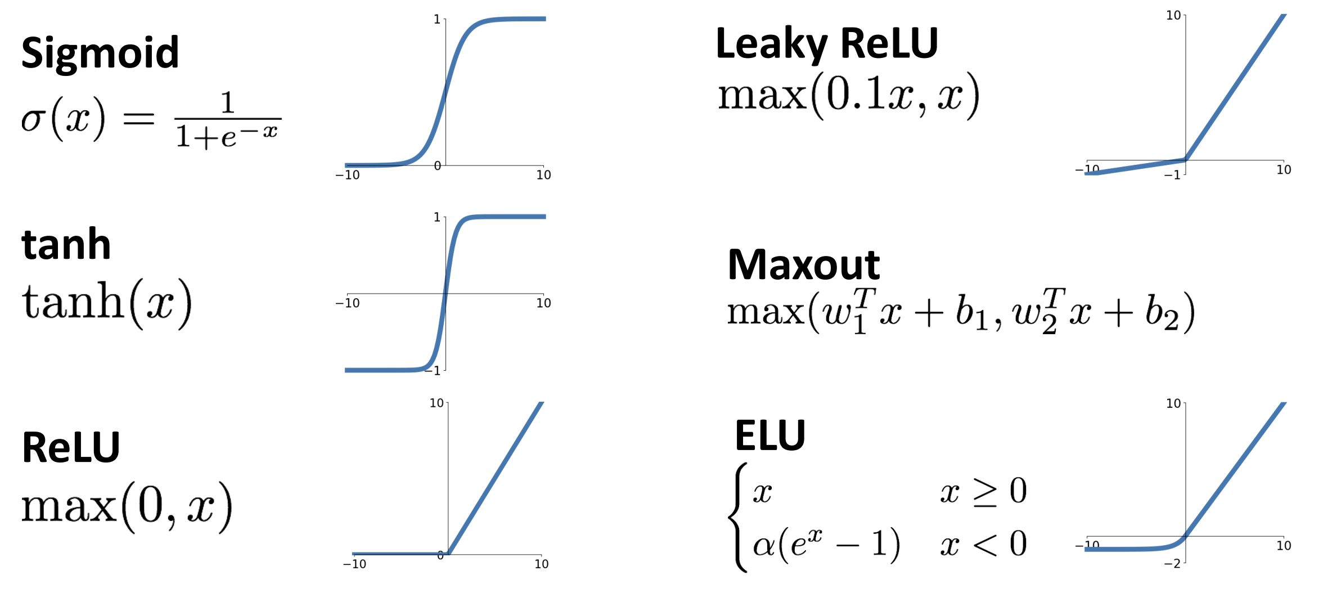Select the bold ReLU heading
pos(71,447)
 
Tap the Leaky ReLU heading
pos(827,44)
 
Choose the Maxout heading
pos(803,264)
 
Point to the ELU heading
pos(770,435)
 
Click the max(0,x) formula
pos(127,506)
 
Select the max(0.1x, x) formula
pos(849,95)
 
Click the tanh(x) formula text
pos(107,303)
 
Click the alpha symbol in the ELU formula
pos(764,545)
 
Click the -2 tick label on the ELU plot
pos(1172,563)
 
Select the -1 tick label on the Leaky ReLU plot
pos(1172,175)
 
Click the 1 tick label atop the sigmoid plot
pos(437,19)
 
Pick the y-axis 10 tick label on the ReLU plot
pos(436,403)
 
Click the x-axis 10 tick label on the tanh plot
pos(543,303)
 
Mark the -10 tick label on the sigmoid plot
pos(348,175)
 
